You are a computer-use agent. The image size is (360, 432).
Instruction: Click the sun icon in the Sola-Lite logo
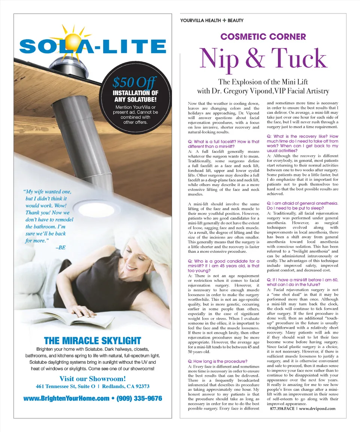(x=74, y=36)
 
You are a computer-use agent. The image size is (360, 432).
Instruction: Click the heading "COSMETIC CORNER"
(x=263, y=37)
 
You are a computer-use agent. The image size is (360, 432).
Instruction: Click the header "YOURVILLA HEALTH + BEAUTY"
(x=212, y=21)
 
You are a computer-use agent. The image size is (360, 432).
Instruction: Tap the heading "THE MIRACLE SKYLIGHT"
(x=92, y=341)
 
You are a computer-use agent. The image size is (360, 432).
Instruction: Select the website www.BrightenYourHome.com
(x=66, y=398)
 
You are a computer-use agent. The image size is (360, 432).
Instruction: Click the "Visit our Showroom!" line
(x=92, y=378)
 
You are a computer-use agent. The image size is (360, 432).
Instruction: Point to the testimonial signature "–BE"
(x=60, y=248)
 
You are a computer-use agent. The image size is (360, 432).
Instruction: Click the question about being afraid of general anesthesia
(x=302, y=205)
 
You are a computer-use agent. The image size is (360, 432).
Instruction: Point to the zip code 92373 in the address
(x=140, y=386)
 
